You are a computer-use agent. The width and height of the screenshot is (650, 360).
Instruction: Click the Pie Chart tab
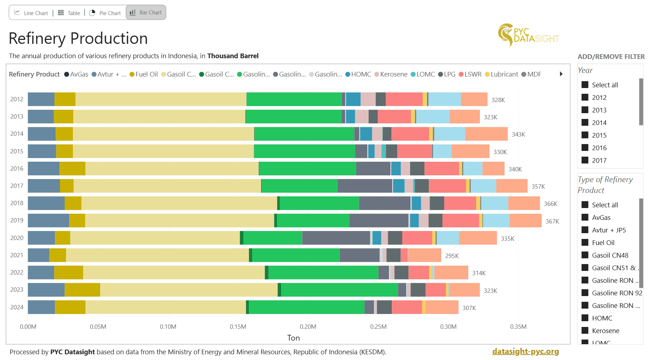[105, 13]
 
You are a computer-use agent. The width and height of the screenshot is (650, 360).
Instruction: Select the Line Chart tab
[31, 13]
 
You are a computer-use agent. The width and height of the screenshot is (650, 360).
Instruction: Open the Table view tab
[69, 13]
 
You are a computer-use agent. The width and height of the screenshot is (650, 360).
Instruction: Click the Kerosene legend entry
[391, 74]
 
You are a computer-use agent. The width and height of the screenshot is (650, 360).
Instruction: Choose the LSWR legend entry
[470, 74]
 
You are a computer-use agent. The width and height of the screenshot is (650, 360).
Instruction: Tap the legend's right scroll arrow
[561, 74]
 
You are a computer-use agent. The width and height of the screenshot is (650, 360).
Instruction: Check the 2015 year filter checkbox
[585, 135]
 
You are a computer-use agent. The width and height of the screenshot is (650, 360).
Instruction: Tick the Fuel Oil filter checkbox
[585, 243]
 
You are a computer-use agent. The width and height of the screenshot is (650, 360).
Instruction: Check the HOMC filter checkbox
[585, 318]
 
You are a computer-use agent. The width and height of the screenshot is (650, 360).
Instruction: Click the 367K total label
[552, 221]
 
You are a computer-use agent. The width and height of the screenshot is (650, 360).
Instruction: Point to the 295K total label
[452, 256]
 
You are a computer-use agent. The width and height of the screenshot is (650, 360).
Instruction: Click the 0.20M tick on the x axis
[308, 327]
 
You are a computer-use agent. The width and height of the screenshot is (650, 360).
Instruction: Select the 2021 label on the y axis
[17, 255]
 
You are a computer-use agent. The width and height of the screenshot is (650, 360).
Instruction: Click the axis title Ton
[293, 338]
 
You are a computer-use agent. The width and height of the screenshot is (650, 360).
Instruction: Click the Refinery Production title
[78, 38]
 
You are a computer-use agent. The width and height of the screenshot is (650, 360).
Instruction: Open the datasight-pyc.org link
[525, 351]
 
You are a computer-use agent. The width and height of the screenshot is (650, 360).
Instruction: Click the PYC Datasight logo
[528, 35]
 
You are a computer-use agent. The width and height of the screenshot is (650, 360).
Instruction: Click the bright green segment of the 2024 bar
[307, 307]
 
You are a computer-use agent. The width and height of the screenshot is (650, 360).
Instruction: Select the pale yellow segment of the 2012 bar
[161, 99]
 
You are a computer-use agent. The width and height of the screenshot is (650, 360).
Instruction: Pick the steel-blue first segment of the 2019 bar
[48, 220]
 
